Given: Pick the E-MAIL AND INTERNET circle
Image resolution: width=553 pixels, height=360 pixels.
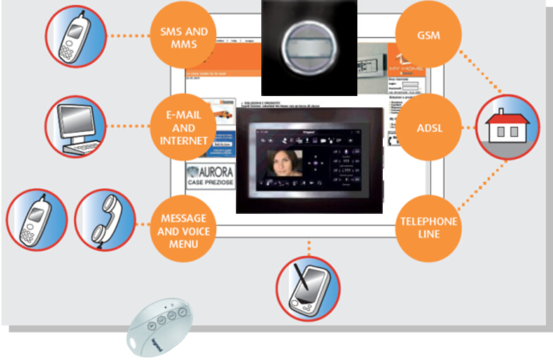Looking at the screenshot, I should (x=183, y=128).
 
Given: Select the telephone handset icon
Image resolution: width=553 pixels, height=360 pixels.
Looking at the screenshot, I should (x=106, y=220).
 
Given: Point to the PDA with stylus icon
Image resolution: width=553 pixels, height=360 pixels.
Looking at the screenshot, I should (x=307, y=287).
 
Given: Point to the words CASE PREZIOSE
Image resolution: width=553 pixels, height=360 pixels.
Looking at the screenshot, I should (x=210, y=183).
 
